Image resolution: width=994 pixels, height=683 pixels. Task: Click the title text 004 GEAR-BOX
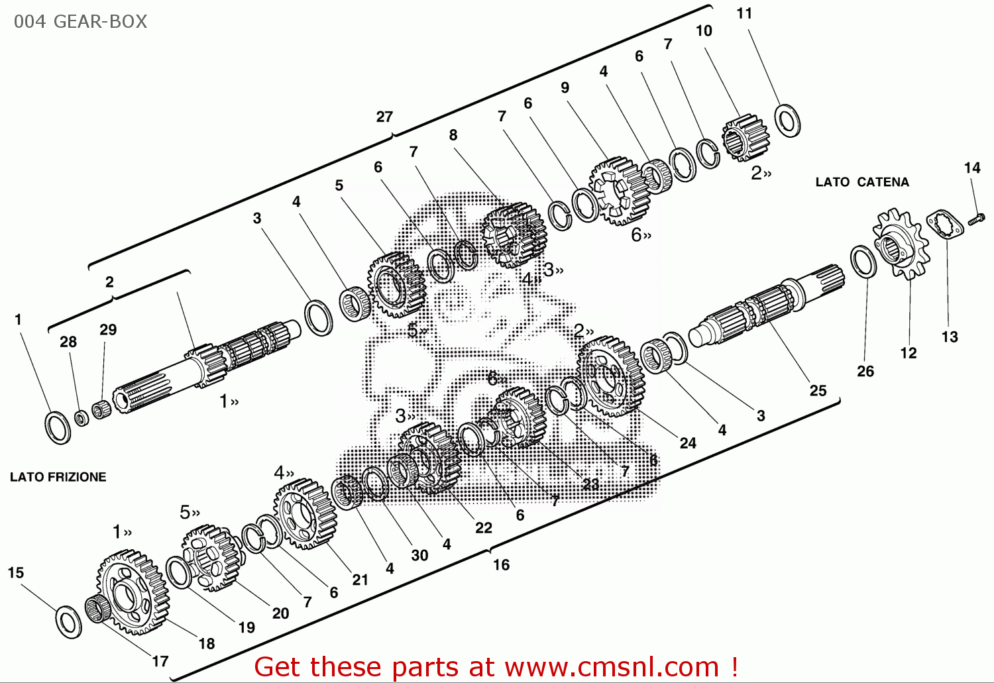point(80,22)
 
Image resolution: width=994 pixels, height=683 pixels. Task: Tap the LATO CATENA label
point(861,182)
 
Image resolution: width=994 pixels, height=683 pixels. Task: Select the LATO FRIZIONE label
point(58,477)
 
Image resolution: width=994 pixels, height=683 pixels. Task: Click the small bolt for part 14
point(976,219)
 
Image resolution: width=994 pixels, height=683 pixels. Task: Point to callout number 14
point(972,168)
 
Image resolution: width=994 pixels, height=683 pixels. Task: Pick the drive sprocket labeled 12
point(901,244)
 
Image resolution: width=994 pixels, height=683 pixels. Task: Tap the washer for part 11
point(787,121)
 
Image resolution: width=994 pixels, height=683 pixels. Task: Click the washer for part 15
point(68,621)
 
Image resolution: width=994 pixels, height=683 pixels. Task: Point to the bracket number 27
point(384,117)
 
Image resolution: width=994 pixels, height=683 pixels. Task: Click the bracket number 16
point(501,565)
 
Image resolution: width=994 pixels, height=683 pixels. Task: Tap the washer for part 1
point(58,427)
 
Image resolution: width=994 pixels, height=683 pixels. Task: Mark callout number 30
point(419,556)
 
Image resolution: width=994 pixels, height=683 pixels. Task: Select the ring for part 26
point(863,262)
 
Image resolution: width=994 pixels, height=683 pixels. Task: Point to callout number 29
point(108,330)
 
